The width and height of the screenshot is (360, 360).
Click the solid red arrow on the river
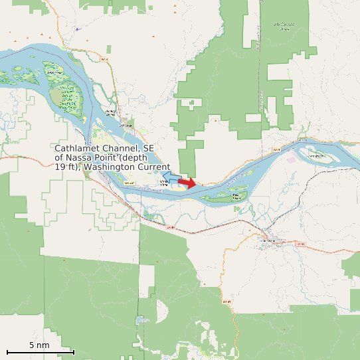187,183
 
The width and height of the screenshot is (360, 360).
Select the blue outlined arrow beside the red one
170,178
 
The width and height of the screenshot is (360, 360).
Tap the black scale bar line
40,352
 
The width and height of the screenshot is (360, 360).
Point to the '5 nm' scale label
39,345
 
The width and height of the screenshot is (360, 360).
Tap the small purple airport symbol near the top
77,29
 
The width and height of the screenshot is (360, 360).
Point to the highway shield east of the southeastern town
300,244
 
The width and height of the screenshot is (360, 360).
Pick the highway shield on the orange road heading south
226,302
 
